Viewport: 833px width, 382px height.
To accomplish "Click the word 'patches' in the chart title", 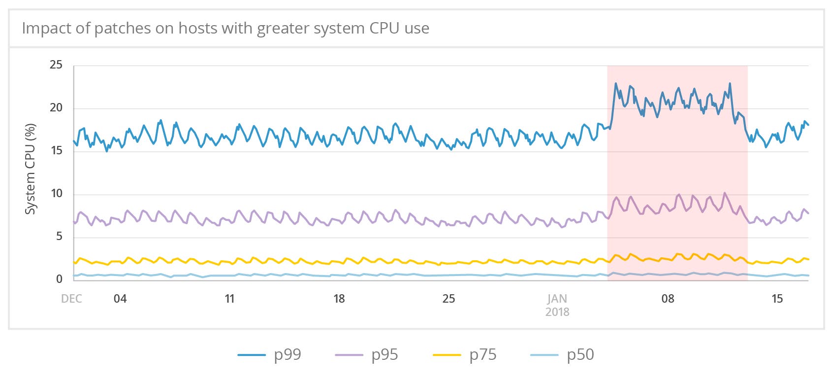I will (x=122, y=29).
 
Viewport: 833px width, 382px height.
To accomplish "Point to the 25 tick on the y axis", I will (x=56, y=65).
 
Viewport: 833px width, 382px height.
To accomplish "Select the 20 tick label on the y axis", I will (x=56, y=108).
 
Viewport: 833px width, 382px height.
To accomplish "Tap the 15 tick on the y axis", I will (x=56, y=151).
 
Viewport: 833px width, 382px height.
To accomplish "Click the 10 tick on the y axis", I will (x=56, y=194).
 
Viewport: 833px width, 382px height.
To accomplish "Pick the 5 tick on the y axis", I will (x=59, y=237).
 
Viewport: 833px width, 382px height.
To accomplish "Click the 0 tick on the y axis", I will (x=59, y=279).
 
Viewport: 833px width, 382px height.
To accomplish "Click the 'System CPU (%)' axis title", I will (x=31, y=169).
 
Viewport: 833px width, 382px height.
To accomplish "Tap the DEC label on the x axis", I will (x=71, y=299).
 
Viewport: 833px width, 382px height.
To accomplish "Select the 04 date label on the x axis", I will (x=120, y=299).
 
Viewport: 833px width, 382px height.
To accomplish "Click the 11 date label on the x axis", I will (x=229, y=299).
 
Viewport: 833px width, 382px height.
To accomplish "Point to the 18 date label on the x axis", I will (x=339, y=299).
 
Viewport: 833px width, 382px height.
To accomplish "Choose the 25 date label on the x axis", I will (x=449, y=299).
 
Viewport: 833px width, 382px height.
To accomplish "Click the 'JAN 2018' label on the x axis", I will (x=557, y=305).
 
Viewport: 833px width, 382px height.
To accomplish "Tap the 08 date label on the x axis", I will (x=668, y=299).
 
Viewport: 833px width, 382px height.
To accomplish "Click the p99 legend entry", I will (x=270, y=355).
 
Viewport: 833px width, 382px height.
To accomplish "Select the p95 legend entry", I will (x=367, y=355).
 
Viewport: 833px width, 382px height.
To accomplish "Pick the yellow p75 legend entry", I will (x=465, y=355).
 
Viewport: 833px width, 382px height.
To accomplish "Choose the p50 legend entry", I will (x=562, y=355).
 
